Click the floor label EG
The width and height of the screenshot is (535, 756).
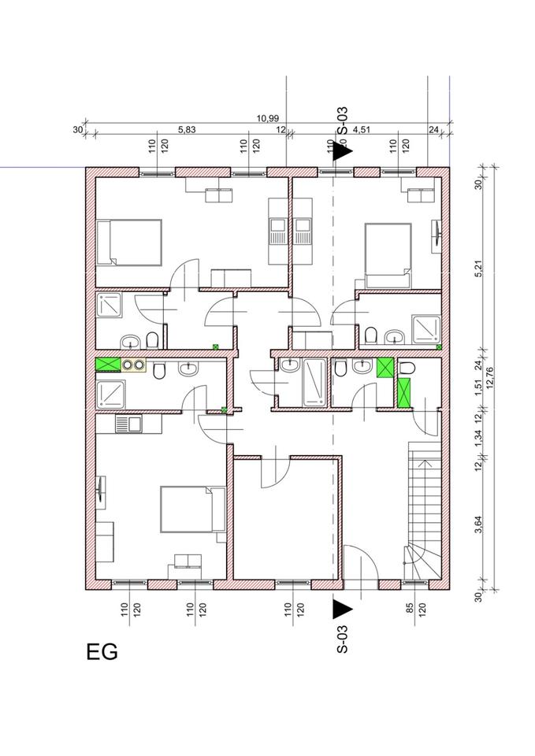102,652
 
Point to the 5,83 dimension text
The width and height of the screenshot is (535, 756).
187,129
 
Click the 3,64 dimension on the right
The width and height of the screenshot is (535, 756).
478,524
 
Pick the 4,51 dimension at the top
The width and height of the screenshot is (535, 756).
362,129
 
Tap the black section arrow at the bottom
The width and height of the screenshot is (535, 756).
342,609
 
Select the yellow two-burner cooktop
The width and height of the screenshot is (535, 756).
134,365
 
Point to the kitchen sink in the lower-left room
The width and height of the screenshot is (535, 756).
128,424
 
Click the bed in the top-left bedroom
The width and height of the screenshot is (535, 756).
128,242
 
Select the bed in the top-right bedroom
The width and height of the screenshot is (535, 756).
388,255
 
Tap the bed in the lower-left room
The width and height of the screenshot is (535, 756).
192,510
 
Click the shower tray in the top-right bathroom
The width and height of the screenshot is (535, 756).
426,329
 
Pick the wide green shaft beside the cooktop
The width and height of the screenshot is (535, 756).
108,365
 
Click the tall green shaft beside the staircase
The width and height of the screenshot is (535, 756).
403,392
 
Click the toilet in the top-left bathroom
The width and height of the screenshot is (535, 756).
152,339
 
